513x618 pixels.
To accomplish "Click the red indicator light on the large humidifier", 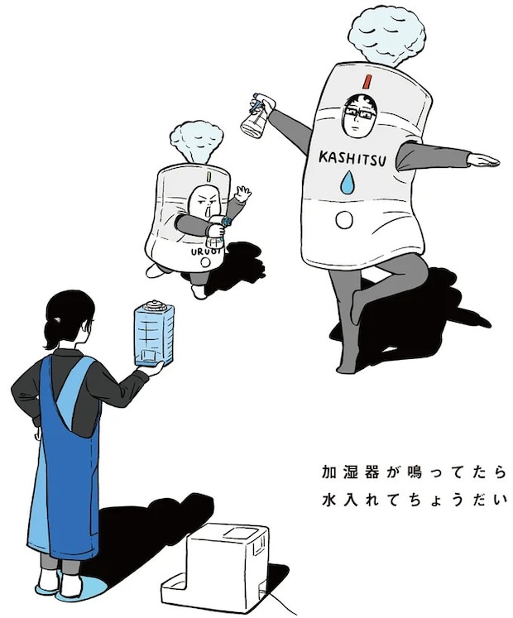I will coord(365,80).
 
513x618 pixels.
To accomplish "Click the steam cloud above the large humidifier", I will coord(386,36).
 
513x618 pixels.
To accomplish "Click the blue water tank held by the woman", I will coord(153,333).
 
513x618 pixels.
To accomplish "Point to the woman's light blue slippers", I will coord(62,585).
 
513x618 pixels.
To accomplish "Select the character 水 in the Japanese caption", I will coord(330,501).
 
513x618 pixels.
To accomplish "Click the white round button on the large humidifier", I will coord(344,220).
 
